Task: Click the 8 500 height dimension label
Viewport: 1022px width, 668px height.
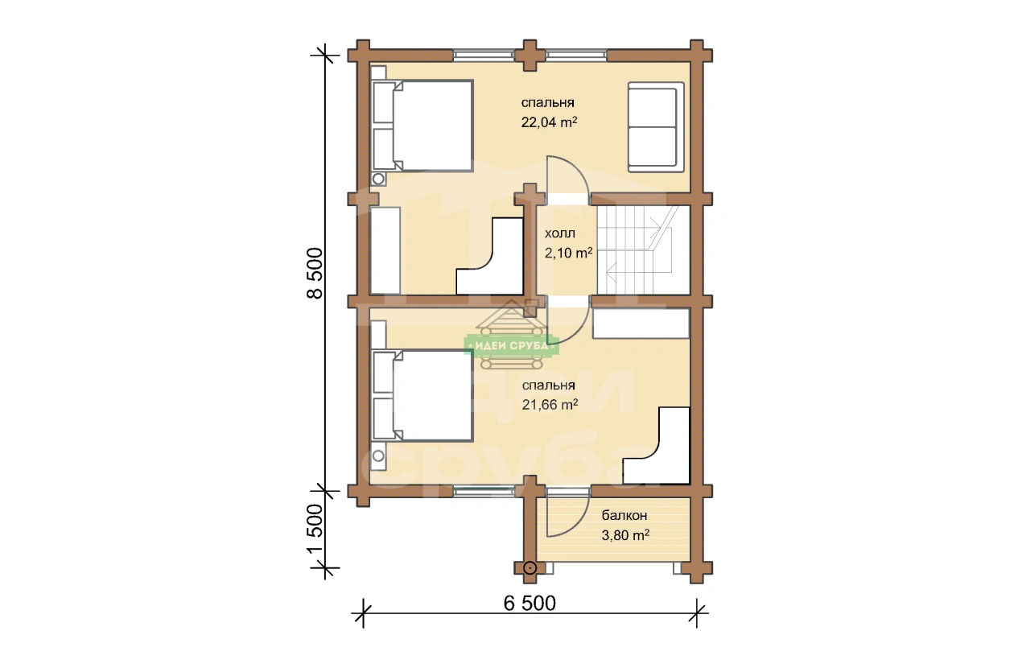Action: [315, 273]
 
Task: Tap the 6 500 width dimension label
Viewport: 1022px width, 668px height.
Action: [530, 603]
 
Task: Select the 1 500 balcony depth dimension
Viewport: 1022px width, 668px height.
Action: [315, 529]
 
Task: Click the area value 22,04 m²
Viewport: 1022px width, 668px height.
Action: [550, 122]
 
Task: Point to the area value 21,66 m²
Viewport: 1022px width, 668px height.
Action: [550, 405]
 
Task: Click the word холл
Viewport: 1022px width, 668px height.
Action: [560, 233]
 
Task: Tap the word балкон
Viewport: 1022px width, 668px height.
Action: [624, 516]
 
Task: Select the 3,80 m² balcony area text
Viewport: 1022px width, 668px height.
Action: [625, 535]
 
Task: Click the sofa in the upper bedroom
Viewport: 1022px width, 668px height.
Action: [656, 127]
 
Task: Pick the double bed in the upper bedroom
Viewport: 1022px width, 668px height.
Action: [422, 126]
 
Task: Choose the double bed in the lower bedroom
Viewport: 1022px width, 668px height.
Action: [422, 396]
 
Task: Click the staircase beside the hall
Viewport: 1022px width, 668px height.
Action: [643, 250]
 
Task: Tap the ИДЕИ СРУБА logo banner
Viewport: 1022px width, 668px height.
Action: [512, 346]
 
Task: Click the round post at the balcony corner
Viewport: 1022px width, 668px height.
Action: [530, 568]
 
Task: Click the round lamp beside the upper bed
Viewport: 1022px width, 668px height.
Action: [378, 179]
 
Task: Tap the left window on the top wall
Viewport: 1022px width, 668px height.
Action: [484, 56]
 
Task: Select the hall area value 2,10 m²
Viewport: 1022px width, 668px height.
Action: [568, 253]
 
